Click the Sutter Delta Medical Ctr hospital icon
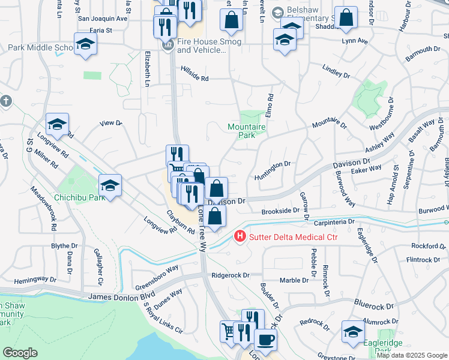240,237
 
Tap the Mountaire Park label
246,131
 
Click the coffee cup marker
265,340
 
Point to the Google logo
20,352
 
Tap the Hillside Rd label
194,78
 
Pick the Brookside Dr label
280,211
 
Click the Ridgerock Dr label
230,275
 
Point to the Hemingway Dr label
35,280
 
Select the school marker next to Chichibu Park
110,185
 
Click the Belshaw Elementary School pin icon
277,13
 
